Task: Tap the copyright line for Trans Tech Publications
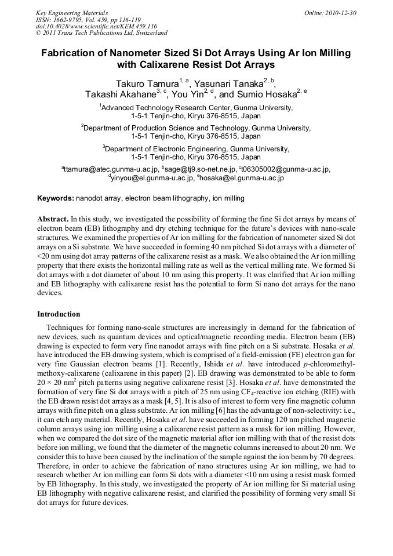click(101, 33)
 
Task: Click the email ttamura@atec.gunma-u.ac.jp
click(111, 169)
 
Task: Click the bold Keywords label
click(56, 198)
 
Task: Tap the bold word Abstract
click(53, 220)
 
